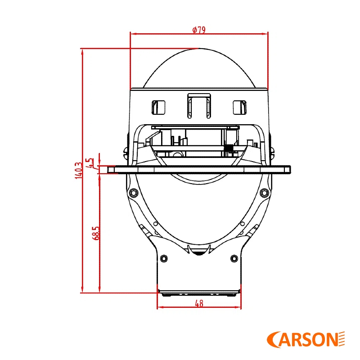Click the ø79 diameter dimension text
pyautogui.click(x=198, y=30)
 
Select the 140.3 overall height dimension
pyautogui.click(x=79, y=171)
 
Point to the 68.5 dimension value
pyautogui.click(x=96, y=233)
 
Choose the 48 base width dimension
pyautogui.click(x=199, y=303)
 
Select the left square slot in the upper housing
pyautogui.click(x=159, y=107)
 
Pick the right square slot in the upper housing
pyautogui.click(x=239, y=107)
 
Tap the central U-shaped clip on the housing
pyautogui.click(x=199, y=104)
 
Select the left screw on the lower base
pyautogui.click(x=164, y=258)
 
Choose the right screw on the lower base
pyautogui.click(x=234, y=258)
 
